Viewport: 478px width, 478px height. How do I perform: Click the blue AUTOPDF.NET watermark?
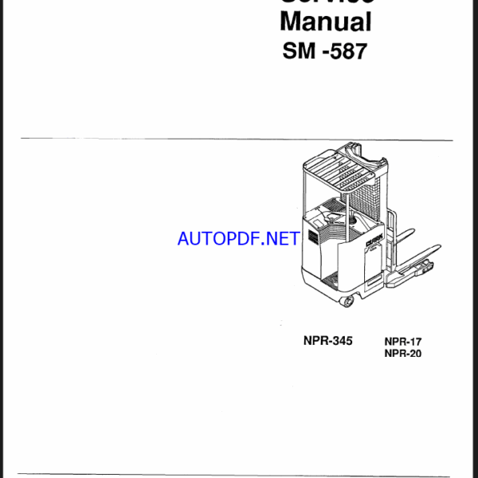238,238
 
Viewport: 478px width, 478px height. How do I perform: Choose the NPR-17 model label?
402,340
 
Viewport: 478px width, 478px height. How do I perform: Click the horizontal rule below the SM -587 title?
238,139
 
